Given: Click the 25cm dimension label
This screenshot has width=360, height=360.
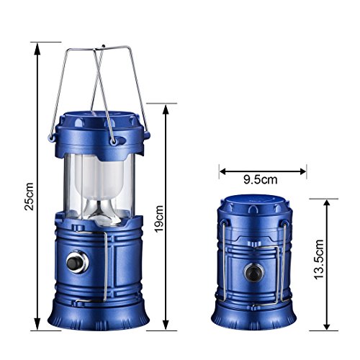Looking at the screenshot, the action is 29,197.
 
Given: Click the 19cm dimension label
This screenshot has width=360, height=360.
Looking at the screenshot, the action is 158,219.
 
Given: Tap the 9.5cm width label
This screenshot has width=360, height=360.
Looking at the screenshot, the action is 261,179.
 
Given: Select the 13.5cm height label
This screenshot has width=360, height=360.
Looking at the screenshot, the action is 319,259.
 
